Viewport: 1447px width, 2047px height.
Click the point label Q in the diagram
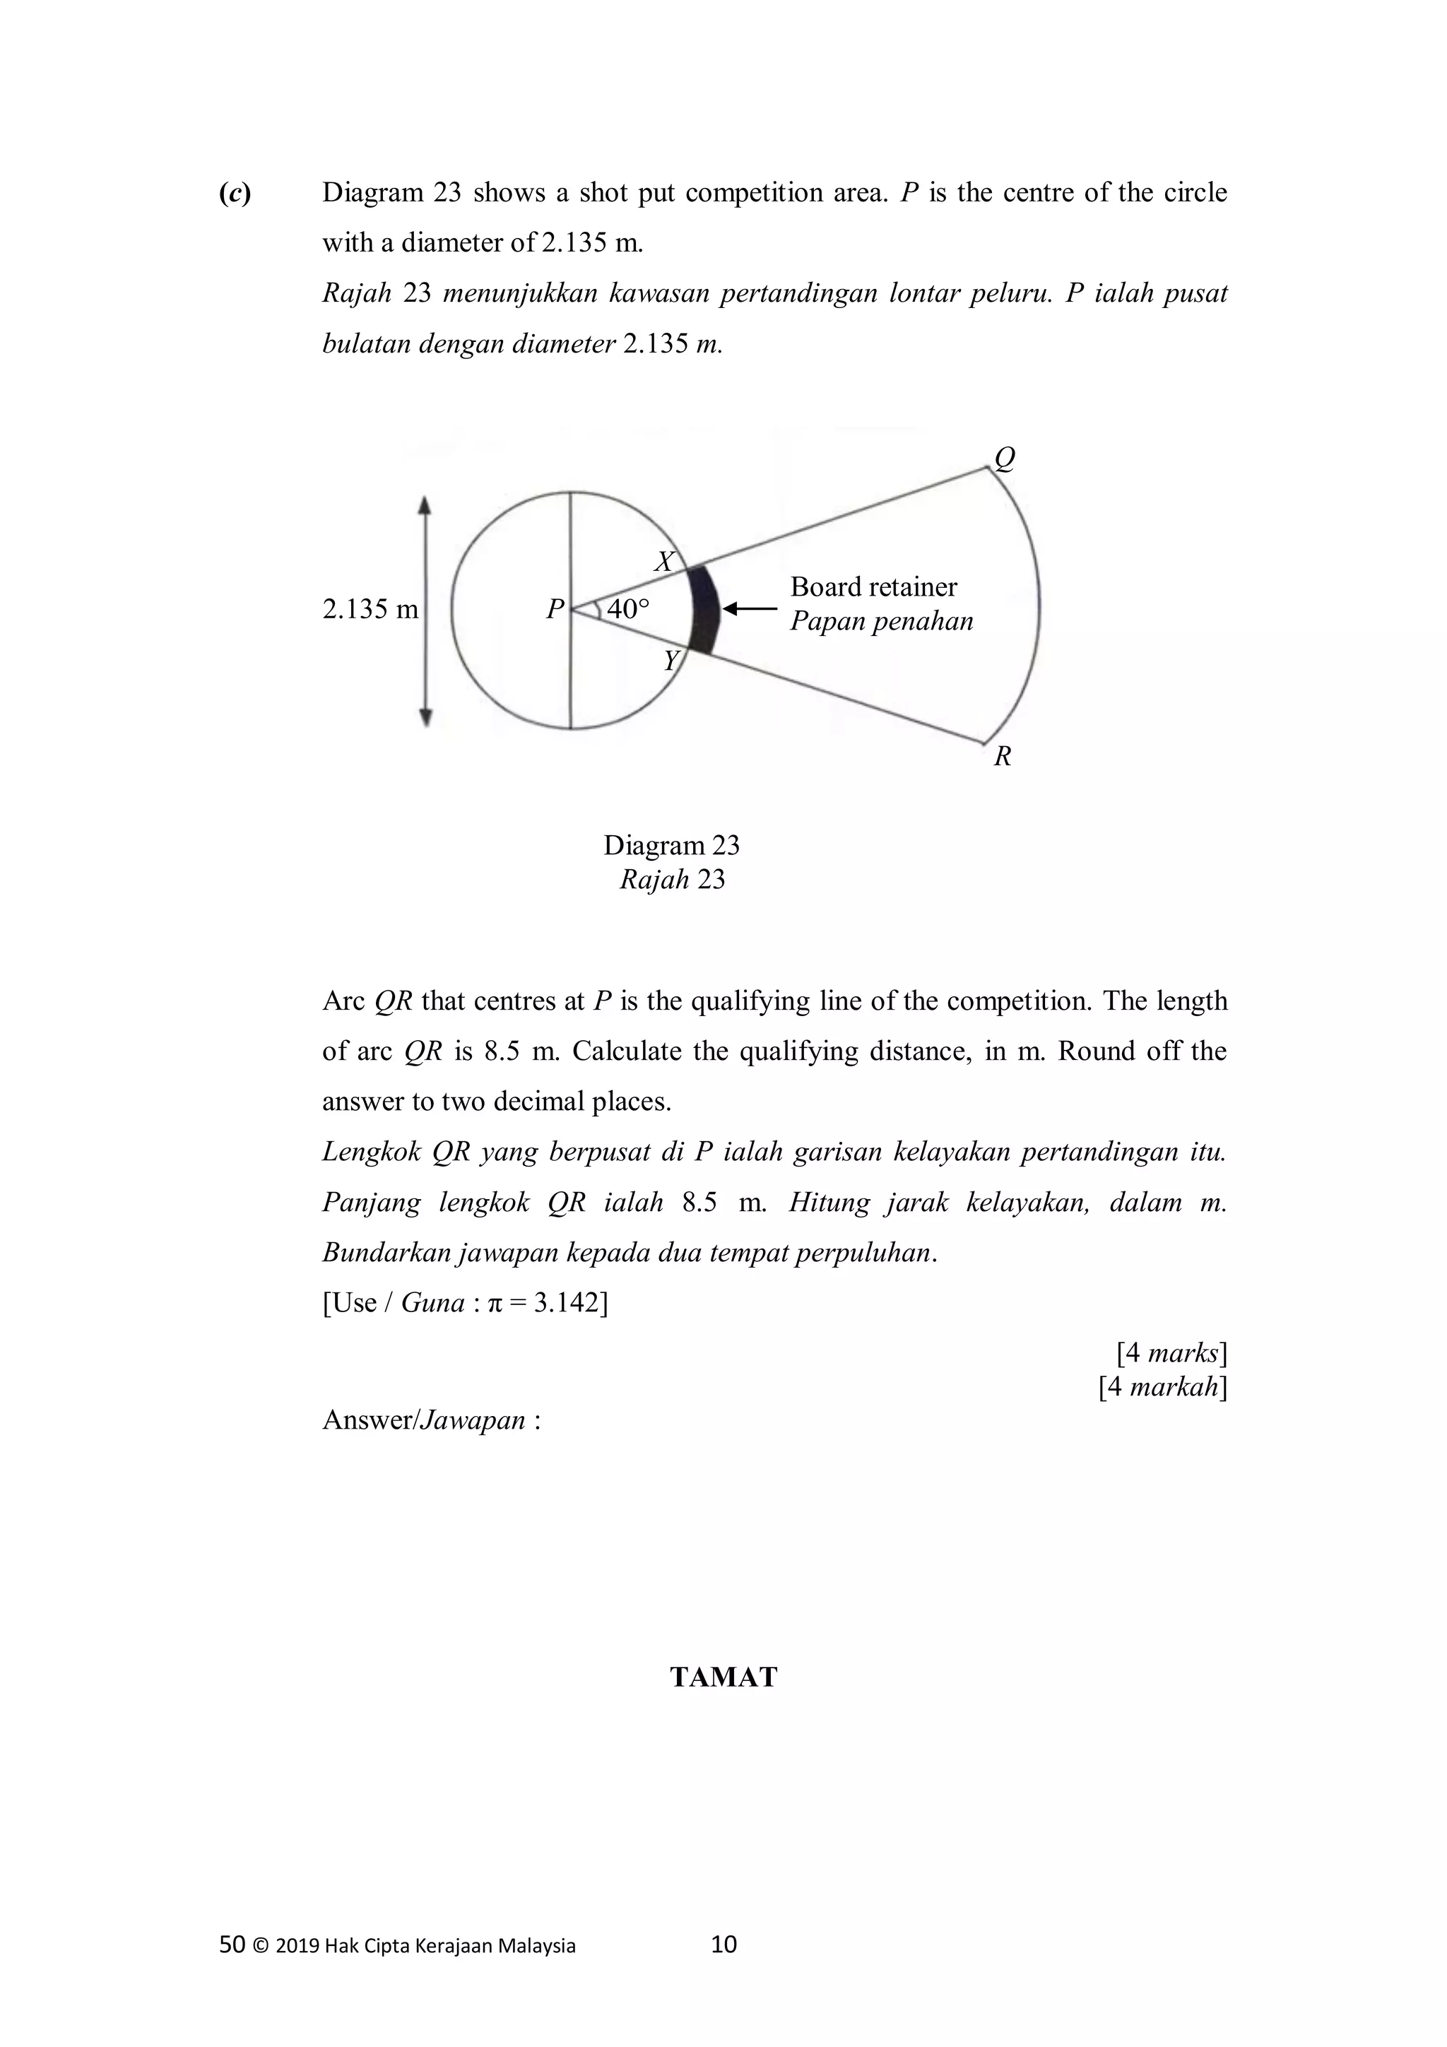coord(1004,459)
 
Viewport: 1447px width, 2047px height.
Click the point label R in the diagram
coord(1002,756)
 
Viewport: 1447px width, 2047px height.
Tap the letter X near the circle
coord(664,562)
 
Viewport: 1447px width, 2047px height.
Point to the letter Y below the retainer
coord(671,661)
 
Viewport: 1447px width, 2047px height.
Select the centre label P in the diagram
coord(555,609)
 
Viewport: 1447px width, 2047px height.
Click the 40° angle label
coord(629,609)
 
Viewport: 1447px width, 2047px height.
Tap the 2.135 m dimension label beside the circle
coord(370,609)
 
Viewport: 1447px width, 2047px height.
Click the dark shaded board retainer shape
coord(705,610)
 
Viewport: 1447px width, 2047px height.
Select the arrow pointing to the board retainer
coord(749,609)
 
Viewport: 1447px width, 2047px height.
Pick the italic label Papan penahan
coord(881,620)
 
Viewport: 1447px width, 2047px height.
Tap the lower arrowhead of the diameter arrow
coord(425,716)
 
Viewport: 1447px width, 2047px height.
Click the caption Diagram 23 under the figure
coord(671,845)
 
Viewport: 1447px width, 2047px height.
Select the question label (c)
coord(235,193)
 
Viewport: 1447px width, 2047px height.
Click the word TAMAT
coord(723,1677)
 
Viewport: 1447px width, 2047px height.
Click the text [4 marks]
coord(1171,1353)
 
